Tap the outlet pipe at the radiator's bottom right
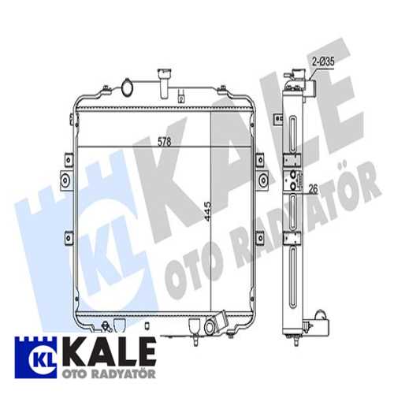(x=215, y=325)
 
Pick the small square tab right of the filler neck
(x=182, y=100)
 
